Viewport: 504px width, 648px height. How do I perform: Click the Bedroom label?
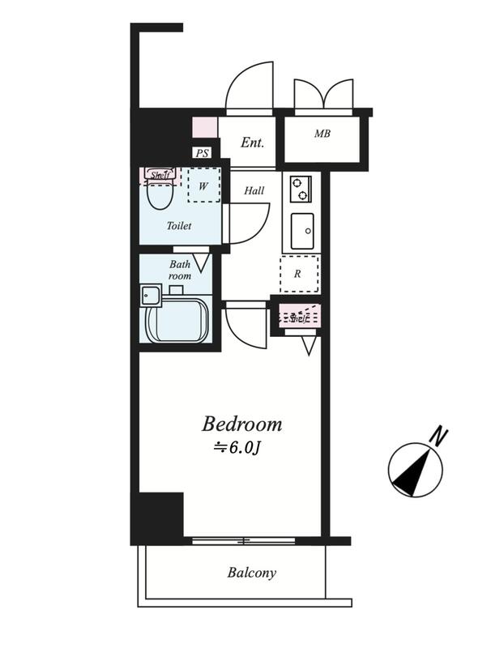point(241,424)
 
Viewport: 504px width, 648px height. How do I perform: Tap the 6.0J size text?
point(237,448)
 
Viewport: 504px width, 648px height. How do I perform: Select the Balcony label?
point(251,573)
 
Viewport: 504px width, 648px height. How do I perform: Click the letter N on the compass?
point(439,437)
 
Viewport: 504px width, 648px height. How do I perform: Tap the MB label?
point(322,134)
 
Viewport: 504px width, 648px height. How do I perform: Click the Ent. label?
point(252,143)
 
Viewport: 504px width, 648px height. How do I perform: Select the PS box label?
point(203,153)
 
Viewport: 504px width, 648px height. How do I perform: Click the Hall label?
point(254,190)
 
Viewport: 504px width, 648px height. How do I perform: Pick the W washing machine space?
point(203,185)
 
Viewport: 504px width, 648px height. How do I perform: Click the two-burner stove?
point(301,189)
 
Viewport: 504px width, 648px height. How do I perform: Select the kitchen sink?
point(302,231)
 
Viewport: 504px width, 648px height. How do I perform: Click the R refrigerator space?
point(299,274)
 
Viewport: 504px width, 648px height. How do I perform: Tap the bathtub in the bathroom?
point(177,319)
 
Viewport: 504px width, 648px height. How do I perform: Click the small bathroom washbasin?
point(151,296)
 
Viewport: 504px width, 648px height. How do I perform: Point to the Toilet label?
point(179,226)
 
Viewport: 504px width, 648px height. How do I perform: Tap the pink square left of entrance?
point(205,127)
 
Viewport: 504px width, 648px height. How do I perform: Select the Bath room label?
point(179,270)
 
